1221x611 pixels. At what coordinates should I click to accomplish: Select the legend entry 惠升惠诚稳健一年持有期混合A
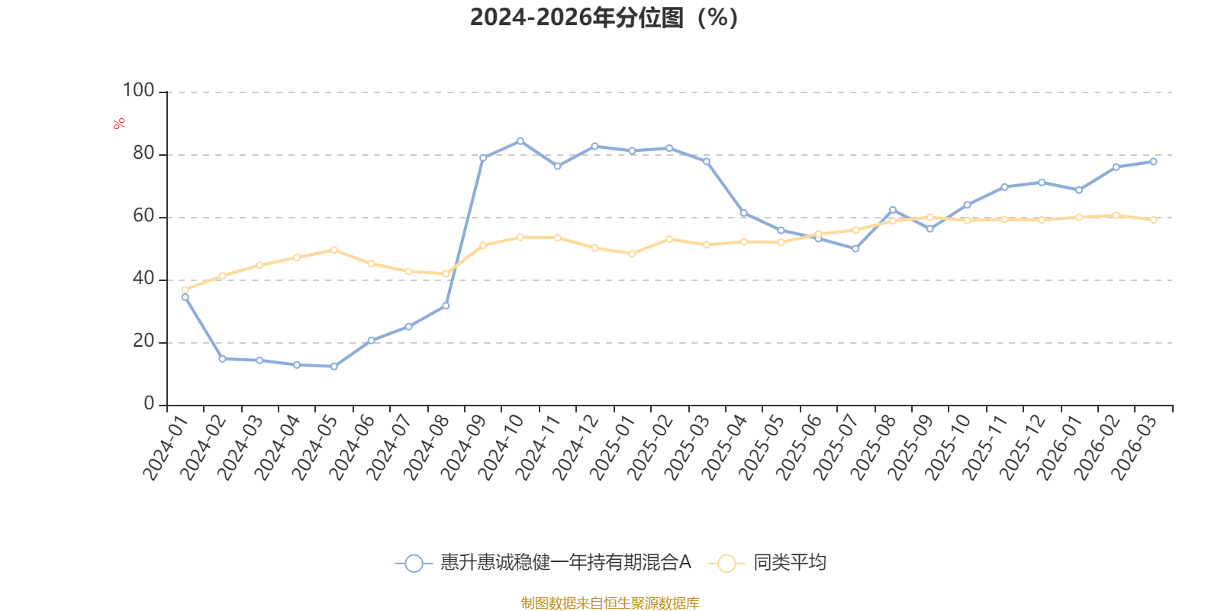(543, 562)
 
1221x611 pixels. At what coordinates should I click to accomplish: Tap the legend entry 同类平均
(767, 562)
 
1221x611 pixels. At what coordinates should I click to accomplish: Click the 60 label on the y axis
(144, 216)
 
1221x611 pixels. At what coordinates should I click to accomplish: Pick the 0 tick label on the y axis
(150, 404)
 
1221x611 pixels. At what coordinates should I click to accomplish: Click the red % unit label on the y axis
(119, 124)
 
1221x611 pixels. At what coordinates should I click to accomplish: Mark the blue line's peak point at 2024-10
(520, 141)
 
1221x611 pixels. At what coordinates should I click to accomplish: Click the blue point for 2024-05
(334, 367)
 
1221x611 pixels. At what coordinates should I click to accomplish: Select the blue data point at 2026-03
(1153, 161)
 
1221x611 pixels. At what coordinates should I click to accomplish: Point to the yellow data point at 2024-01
(185, 289)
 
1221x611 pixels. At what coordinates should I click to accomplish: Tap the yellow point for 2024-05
(334, 250)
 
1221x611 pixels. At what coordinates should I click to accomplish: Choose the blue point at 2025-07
(855, 249)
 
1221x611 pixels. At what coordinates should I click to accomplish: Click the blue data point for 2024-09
(483, 158)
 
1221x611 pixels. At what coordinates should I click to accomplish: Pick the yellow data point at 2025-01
(633, 254)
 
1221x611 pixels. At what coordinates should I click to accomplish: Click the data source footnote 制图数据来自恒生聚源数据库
(610, 603)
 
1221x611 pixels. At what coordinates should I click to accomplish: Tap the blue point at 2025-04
(744, 213)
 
